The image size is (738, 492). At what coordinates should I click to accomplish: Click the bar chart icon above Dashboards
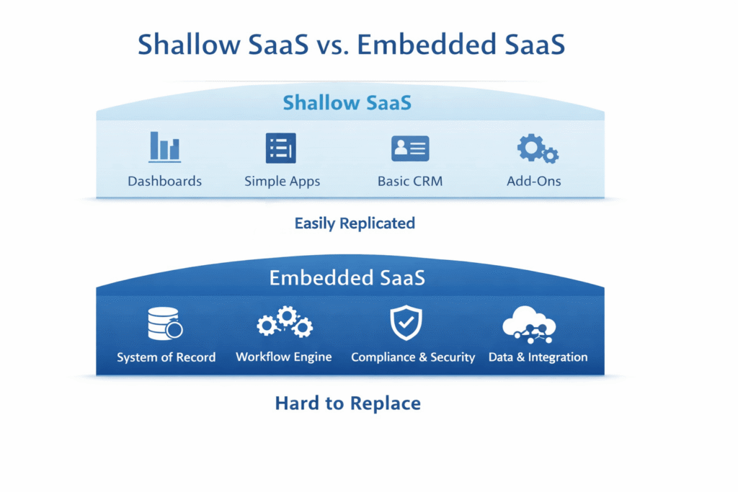coord(164,147)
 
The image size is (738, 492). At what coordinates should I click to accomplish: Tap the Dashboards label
coord(164,181)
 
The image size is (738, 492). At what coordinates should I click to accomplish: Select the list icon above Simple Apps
coord(281,148)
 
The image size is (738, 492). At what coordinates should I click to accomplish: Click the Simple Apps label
coord(282,181)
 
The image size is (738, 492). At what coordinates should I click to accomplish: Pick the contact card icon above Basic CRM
coord(410,148)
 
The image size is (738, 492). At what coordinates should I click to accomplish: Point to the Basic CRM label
coord(410,181)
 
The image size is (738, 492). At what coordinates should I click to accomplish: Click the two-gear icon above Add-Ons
coord(537,148)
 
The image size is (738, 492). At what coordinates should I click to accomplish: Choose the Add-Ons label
coord(533,181)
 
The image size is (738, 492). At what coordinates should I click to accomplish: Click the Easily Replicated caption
coord(355,223)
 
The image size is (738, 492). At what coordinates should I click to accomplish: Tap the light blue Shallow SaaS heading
coord(347,102)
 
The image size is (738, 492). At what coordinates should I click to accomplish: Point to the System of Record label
coord(166,357)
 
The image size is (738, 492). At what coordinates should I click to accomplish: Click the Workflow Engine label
coord(284,357)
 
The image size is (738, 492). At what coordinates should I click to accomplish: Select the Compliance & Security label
coord(413,357)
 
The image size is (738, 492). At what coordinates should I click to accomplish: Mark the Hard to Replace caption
coord(347,403)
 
